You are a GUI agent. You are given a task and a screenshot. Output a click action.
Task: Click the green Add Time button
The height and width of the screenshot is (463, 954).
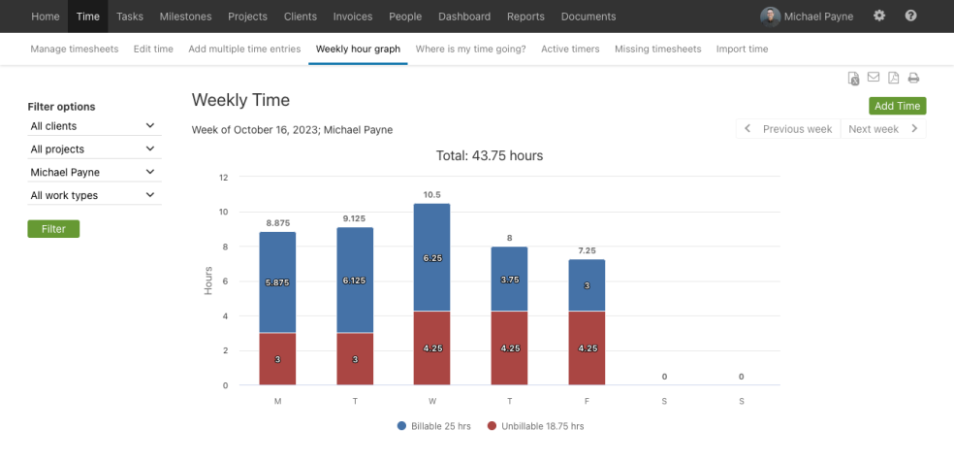click(897, 106)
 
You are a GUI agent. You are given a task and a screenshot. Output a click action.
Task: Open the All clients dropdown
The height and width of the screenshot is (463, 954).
click(93, 126)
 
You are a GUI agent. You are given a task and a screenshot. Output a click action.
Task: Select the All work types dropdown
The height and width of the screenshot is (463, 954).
click(93, 195)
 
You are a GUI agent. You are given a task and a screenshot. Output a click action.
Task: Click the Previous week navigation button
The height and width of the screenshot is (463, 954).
click(788, 129)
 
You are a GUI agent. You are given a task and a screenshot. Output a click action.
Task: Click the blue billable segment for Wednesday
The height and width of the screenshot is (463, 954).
click(431, 257)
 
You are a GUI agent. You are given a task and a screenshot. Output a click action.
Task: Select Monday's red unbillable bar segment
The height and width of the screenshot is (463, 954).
click(277, 359)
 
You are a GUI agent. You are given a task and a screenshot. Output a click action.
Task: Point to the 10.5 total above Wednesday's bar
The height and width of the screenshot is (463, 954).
click(431, 194)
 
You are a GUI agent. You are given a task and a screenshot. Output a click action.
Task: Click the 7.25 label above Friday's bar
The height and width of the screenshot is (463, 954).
click(586, 250)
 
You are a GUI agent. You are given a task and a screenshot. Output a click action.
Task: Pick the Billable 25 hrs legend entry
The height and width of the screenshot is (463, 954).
click(433, 426)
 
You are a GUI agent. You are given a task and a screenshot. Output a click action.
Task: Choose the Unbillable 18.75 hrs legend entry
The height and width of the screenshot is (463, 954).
click(535, 426)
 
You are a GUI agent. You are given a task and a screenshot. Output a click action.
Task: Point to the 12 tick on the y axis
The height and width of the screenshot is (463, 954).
click(223, 178)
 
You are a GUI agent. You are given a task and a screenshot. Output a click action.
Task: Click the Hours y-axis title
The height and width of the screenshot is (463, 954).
click(207, 281)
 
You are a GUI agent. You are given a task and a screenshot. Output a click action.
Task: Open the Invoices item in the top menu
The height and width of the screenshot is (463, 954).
click(352, 17)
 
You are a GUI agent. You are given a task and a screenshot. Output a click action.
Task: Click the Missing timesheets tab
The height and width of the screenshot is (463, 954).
click(657, 49)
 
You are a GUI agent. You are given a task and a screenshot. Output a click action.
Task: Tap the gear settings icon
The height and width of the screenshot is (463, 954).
click(879, 17)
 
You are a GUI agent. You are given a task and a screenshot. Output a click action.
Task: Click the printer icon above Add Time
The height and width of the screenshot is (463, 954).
click(913, 79)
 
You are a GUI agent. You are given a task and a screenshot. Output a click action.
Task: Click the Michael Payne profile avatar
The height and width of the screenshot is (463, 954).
click(770, 17)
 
